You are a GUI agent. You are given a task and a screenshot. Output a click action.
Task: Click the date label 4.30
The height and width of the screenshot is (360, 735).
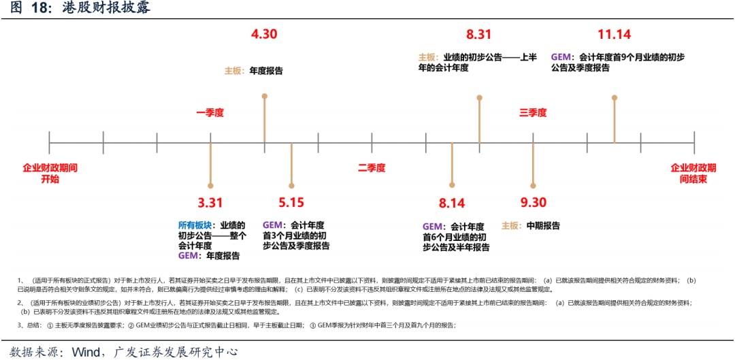(x=264, y=33)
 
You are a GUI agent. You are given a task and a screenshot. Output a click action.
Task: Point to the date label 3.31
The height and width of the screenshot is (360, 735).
(x=211, y=202)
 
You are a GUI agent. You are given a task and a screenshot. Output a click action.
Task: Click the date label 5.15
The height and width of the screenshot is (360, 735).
(x=291, y=202)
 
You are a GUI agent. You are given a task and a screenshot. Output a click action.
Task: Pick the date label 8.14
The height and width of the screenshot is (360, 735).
(x=452, y=202)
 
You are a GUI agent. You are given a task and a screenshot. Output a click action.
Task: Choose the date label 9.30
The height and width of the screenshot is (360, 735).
(x=534, y=202)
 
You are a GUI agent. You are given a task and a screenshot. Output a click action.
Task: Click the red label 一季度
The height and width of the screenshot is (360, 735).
(x=210, y=113)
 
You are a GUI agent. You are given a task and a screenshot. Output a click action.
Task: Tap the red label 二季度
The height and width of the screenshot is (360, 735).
(x=372, y=167)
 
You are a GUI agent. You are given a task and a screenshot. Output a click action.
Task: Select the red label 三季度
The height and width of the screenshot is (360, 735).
(x=533, y=113)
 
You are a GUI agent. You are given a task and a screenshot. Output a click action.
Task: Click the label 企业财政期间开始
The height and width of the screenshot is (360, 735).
(x=50, y=173)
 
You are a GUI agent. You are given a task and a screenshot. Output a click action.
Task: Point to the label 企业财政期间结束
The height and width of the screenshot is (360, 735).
(x=693, y=173)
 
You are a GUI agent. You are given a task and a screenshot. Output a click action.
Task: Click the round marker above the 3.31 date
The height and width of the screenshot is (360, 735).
(x=211, y=185)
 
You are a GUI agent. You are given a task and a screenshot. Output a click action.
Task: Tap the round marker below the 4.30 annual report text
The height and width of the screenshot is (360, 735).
(x=264, y=96)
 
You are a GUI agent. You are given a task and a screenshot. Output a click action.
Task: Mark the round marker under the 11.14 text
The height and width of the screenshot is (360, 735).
(x=615, y=97)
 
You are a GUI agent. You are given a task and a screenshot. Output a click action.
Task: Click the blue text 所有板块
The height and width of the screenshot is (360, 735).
(x=194, y=225)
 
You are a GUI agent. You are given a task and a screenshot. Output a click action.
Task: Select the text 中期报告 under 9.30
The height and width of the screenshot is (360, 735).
(x=542, y=225)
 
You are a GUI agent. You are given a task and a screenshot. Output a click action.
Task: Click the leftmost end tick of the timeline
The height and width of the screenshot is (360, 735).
(x=50, y=143)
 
